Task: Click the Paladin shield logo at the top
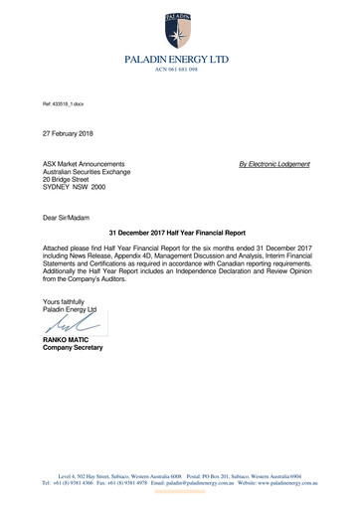pos(180,27)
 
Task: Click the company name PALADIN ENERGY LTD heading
pos(180,60)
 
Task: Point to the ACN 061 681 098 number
pos(180,71)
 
